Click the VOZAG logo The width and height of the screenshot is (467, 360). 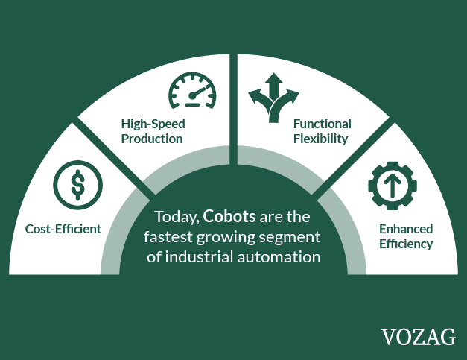pyautogui.click(x=419, y=337)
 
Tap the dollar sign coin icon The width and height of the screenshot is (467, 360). pyautogui.click(x=78, y=185)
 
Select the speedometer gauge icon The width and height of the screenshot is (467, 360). pyautogui.click(x=193, y=90)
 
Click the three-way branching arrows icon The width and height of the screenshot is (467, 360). pyautogui.click(x=273, y=98)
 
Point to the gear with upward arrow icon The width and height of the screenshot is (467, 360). pyautogui.click(x=393, y=186)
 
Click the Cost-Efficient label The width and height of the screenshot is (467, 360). pyautogui.click(x=63, y=229)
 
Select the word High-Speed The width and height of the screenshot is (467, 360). pyautogui.click(x=153, y=124)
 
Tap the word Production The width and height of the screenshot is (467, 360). pyautogui.click(x=152, y=139)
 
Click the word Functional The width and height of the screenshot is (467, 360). pyautogui.click(x=323, y=124)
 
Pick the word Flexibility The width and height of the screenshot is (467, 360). pyautogui.click(x=320, y=139)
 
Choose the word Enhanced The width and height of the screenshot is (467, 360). pyautogui.click(x=406, y=229)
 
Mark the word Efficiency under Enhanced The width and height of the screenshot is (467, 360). pyautogui.click(x=406, y=244)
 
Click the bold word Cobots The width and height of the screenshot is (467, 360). pyautogui.click(x=229, y=216)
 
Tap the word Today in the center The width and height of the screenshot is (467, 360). pyautogui.click(x=177, y=217)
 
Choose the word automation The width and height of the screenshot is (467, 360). pyautogui.click(x=279, y=257)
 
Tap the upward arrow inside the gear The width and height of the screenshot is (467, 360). pyautogui.click(x=393, y=186)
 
